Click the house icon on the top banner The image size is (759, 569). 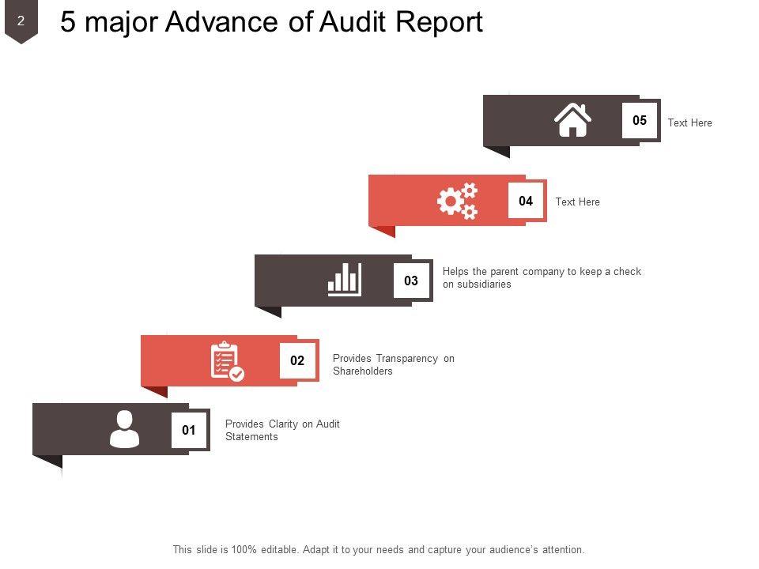572,121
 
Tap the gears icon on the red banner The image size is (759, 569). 458,201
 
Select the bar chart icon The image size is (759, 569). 345,280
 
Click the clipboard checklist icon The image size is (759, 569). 227,361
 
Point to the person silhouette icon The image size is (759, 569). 124,430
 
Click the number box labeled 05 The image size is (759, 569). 640,121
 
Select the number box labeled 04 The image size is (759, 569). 526,202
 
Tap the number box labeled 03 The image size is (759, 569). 411,281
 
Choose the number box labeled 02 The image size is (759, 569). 297,360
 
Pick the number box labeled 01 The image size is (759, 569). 189,431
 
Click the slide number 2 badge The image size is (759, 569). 21,22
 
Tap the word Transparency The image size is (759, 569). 407,359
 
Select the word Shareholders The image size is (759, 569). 363,371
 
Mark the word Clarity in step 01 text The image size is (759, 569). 284,424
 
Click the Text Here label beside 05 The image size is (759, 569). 689,123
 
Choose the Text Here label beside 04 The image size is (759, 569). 577,202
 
